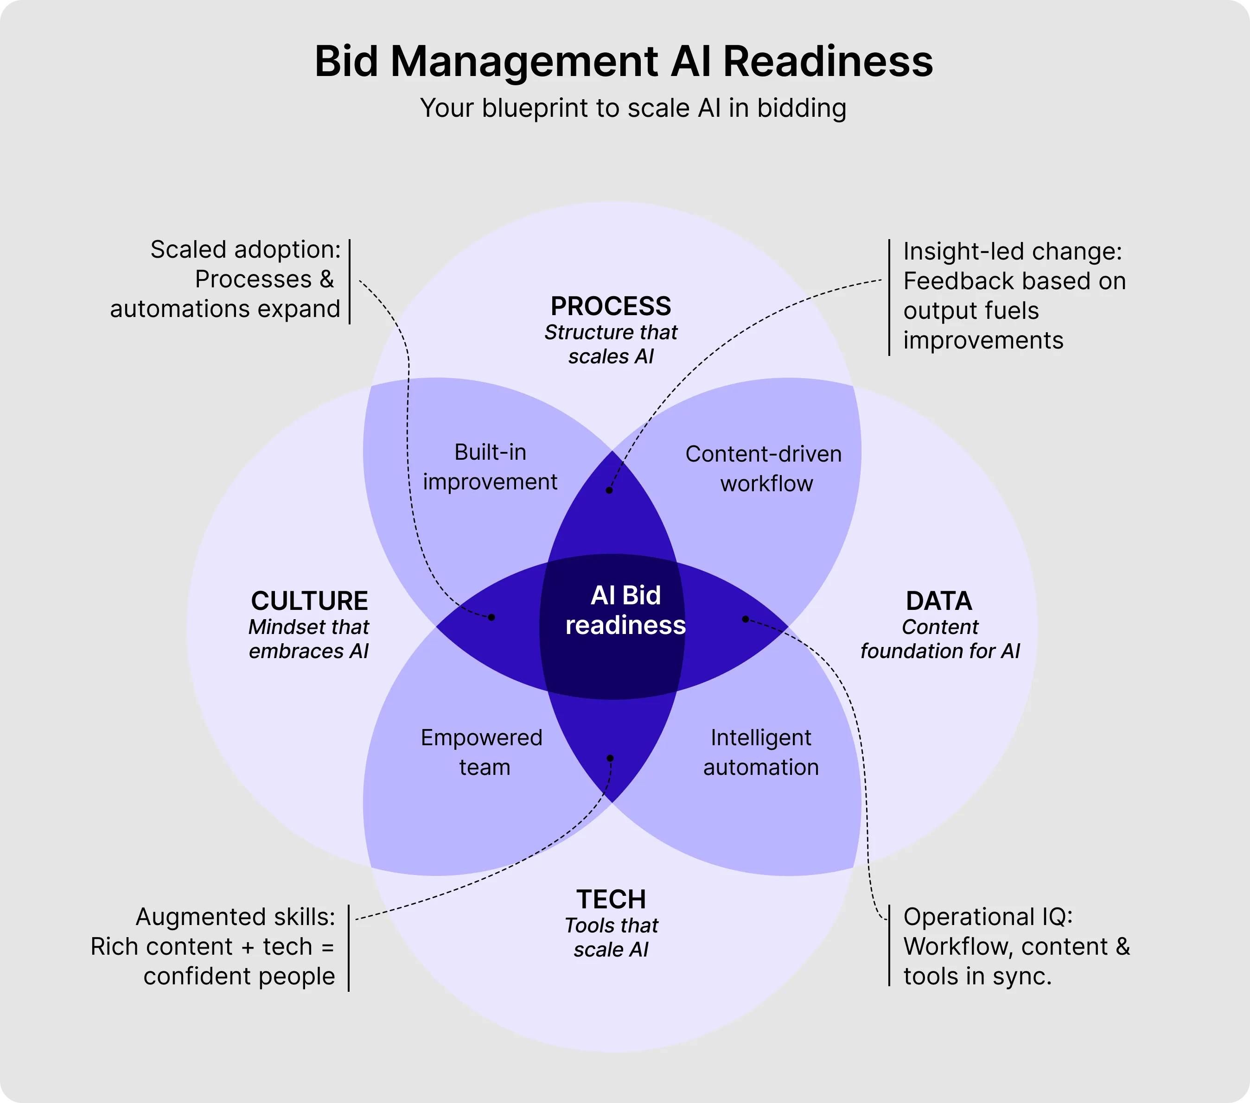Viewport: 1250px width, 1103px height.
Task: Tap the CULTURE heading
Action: coord(309,601)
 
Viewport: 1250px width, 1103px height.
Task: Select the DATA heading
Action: coord(939,601)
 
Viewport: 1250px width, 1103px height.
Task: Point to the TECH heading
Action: coord(611,900)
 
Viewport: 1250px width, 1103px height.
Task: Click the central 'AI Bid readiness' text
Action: coord(625,610)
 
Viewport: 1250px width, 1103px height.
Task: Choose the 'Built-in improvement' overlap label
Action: coord(490,467)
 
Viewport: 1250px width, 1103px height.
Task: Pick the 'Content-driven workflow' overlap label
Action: coord(764,469)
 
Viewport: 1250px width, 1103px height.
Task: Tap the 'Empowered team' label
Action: coord(482,752)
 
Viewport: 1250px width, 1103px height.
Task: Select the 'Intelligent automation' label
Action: coord(761,752)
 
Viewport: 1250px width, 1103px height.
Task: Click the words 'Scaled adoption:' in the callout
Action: coord(245,249)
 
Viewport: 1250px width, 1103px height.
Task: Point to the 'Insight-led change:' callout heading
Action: coord(1013,251)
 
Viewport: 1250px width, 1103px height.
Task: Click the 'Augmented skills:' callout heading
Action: coord(236,917)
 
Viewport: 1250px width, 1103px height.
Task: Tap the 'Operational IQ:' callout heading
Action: coord(988,917)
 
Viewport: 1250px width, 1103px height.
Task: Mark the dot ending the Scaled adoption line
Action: coord(491,617)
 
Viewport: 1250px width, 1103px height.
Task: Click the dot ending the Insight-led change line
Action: coord(609,490)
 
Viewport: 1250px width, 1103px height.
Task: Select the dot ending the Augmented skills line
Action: coord(610,758)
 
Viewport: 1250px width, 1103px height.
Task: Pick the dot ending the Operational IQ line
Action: coord(745,619)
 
